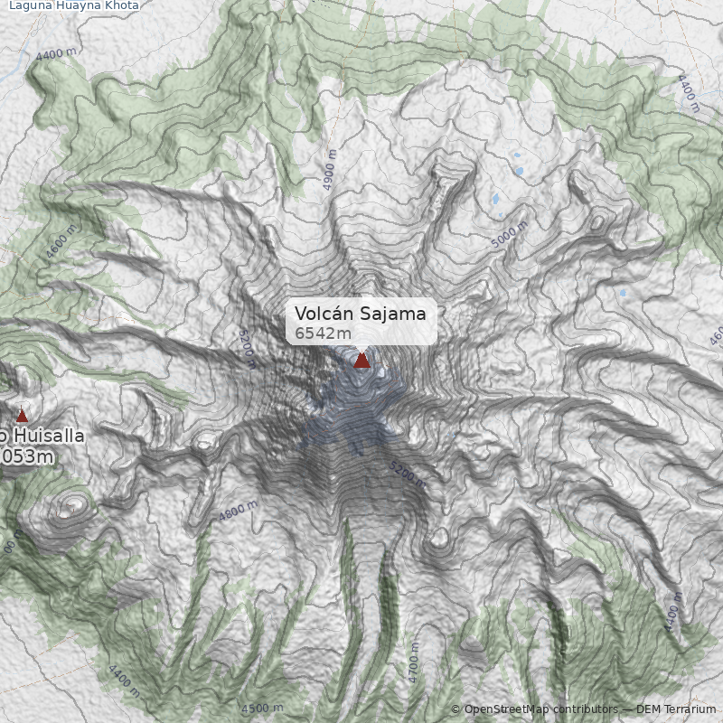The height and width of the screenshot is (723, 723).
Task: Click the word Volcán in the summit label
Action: click(x=324, y=314)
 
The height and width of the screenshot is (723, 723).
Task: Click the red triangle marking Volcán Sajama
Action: click(x=361, y=361)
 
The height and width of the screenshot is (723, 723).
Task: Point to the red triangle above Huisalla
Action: click(x=23, y=416)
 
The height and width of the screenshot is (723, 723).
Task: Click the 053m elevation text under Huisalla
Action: click(x=27, y=457)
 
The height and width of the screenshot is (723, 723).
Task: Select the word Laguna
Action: click(x=33, y=5)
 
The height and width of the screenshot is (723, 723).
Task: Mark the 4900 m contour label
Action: click(x=330, y=171)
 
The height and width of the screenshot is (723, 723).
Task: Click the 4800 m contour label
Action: click(x=239, y=512)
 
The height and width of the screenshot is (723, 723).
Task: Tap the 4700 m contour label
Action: click(x=414, y=663)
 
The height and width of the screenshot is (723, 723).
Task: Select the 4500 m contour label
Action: click(x=263, y=708)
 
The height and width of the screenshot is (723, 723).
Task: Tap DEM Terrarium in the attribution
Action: click(x=676, y=709)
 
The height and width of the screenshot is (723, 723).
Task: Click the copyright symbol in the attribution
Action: click(x=455, y=709)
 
